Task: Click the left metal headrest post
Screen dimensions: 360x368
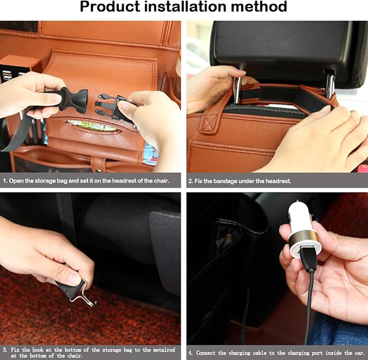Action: (237, 90)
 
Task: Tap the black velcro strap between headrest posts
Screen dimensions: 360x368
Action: (282, 98)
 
